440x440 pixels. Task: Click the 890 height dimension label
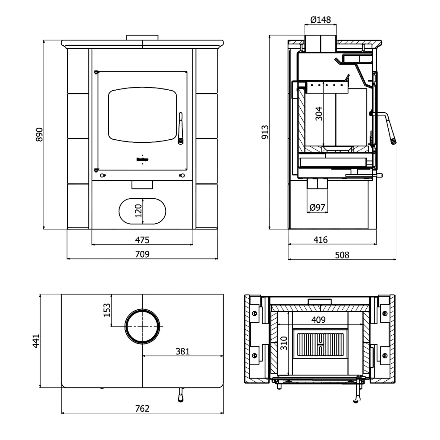click(x=39, y=134)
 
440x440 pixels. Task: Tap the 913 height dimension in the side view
click(x=265, y=132)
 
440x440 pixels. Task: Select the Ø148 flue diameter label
click(x=320, y=20)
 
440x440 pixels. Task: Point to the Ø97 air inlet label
click(x=317, y=207)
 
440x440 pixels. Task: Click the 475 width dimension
click(x=142, y=240)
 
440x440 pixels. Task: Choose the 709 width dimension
click(x=142, y=254)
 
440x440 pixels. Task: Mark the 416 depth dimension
click(x=320, y=240)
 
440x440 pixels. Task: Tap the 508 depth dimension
click(x=342, y=255)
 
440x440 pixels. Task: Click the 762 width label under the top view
click(x=142, y=408)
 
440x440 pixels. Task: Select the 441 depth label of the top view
click(x=36, y=341)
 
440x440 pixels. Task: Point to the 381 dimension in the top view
click(x=182, y=351)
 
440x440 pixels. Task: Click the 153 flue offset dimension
click(x=107, y=310)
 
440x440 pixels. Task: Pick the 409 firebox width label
click(x=319, y=319)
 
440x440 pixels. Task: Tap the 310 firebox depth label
click(x=284, y=343)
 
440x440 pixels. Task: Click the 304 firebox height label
click(x=319, y=114)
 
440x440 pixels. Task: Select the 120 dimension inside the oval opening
click(x=138, y=211)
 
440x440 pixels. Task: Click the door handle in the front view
click(x=180, y=128)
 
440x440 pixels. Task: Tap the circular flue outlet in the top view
click(x=143, y=326)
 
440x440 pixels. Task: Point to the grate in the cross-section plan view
click(x=320, y=343)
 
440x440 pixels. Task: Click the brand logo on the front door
click(x=142, y=160)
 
